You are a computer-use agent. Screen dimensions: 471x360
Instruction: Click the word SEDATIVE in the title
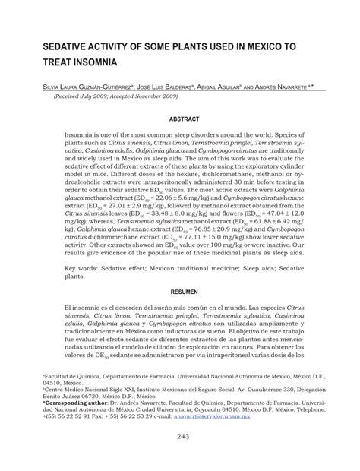[68, 46]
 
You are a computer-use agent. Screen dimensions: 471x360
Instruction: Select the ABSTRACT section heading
[184, 119]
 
